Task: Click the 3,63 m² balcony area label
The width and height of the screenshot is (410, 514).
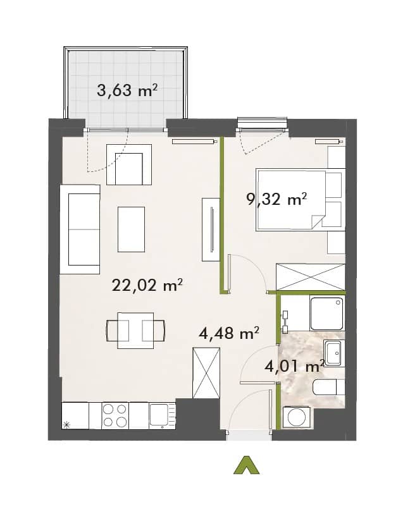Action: click(x=127, y=90)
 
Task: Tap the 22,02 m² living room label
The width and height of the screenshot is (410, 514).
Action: click(x=147, y=285)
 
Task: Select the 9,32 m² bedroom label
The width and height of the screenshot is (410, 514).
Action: click(x=276, y=199)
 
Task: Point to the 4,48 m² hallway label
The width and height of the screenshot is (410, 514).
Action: click(x=229, y=333)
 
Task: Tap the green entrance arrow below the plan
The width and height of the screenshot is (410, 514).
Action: click(x=246, y=465)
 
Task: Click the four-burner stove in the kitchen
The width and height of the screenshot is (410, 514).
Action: click(x=115, y=415)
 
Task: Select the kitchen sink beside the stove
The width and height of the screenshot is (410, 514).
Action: click(x=163, y=415)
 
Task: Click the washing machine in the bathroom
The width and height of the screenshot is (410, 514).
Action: click(x=297, y=417)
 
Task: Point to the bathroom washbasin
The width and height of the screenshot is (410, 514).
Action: click(x=334, y=353)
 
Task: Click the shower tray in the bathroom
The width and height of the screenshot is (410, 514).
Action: click(x=326, y=313)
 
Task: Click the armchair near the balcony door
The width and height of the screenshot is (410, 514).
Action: click(x=129, y=164)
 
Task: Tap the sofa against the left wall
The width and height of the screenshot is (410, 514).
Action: click(x=80, y=229)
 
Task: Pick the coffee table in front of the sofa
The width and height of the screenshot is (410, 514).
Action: click(x=131, y=229)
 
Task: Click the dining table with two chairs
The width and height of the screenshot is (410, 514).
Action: click(x=135, y=330)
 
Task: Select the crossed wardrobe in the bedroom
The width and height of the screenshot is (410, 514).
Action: click(x=311, y=277)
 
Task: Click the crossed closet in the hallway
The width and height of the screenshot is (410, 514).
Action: click(x=206, y=373)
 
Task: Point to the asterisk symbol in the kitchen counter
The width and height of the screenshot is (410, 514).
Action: click(x=66, y=425)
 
